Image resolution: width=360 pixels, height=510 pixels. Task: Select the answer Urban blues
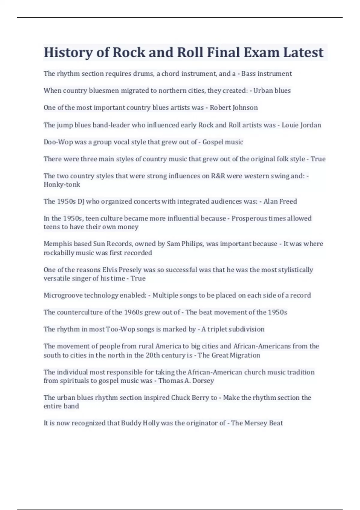pos(272,91)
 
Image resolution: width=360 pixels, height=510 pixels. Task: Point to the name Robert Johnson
pos(234,108)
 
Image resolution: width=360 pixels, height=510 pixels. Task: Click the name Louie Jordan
pos(301,125)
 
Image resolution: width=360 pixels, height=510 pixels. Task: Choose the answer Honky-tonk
pos(62,184)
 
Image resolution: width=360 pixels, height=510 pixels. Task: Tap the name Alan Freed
pos(280,201)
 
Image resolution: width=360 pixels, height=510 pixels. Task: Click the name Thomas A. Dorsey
pos(186,381)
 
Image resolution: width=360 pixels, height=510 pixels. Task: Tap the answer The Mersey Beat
pos(257,423)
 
